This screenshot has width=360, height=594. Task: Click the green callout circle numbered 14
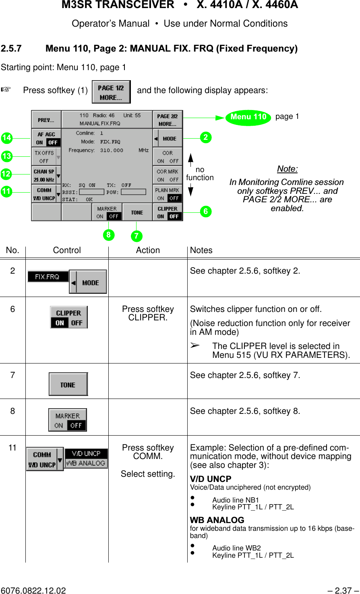6,138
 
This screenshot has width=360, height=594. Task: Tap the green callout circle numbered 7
137,236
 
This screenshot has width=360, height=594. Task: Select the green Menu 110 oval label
248,117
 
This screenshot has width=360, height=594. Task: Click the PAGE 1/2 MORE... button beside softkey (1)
111,92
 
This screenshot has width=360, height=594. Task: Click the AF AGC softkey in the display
46,138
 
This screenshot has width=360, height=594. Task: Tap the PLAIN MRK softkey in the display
168,194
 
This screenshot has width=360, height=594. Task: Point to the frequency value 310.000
112,150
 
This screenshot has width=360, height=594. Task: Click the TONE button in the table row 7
68,384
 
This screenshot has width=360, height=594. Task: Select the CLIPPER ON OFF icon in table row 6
69,318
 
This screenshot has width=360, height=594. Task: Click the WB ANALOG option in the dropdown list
86,463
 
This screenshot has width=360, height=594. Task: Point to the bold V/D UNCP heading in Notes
211,479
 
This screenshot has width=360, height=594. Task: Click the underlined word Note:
287,169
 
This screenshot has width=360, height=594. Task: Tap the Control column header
67,250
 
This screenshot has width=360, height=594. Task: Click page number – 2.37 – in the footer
343,590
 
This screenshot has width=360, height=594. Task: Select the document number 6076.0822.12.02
33,590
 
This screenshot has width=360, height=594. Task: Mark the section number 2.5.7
11,49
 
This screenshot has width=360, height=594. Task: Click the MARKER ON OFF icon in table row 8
68,420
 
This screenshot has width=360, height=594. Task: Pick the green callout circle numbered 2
205,137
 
